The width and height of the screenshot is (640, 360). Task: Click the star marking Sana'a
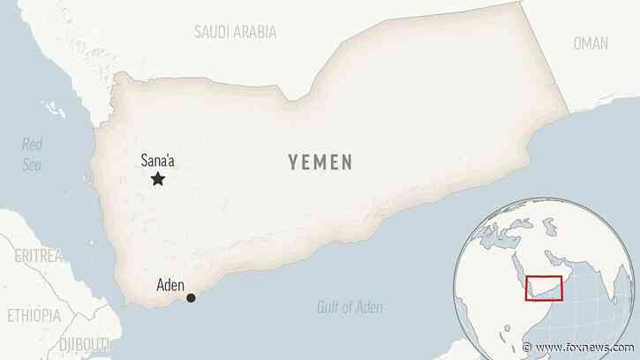[158, 179]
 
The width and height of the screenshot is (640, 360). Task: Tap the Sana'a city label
[158, 161]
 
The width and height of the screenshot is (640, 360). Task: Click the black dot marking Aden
[191, 298]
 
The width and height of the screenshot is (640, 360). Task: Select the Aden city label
[170, 285]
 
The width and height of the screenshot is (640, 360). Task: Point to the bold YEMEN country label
[320, 162]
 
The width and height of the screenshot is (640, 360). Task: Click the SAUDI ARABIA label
[235, 32]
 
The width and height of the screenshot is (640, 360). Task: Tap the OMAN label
[591, 42]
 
